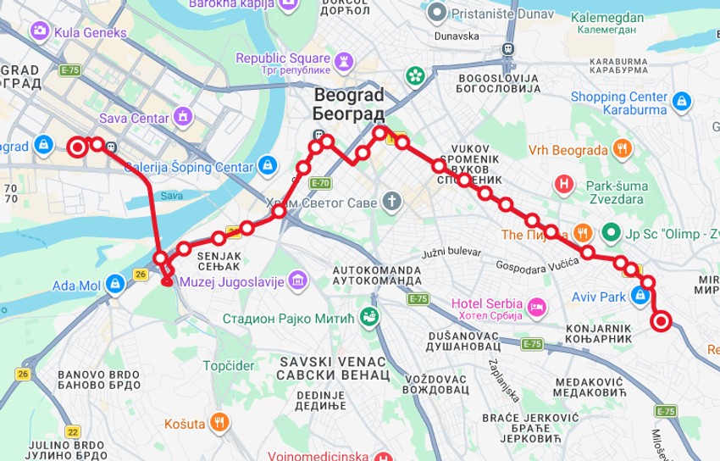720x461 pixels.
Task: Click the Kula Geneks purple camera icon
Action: (39, 32)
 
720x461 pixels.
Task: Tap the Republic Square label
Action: (282, 58)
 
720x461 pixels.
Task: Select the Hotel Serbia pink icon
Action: (536, 305)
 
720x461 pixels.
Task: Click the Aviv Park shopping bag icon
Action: (641, 296)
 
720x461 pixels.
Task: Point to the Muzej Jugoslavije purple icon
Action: (296, 280)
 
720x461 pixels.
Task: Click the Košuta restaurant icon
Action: (219, 422)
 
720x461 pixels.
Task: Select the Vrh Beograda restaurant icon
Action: (623, 150)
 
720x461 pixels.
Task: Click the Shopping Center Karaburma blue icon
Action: (681, 103)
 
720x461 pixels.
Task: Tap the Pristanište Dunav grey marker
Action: (437, 12)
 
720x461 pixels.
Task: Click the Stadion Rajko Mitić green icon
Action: (369, 318)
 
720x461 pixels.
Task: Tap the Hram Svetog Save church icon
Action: (390, 202)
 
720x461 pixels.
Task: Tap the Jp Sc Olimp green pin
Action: (611, 231)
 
